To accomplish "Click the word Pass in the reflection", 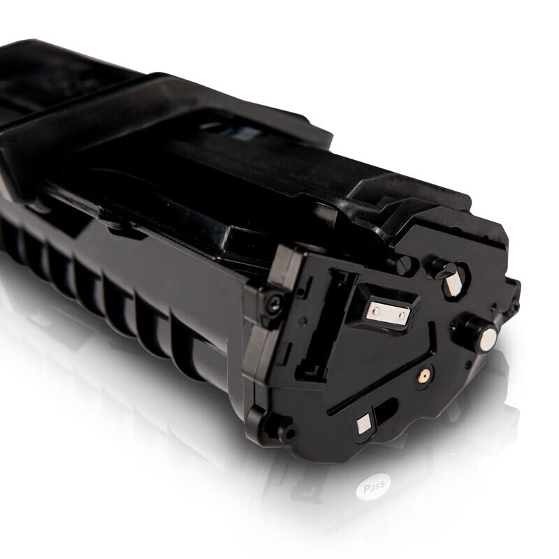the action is tap(374, 486).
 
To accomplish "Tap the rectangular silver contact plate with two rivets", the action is tap(389, 313).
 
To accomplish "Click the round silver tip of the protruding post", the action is tap(488, 340).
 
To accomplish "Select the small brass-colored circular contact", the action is tap(424, 375).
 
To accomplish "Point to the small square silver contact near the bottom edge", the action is tap(364, 424).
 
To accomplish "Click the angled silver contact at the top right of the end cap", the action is tap(453, 283).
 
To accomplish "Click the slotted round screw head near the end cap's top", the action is tap(404, 266).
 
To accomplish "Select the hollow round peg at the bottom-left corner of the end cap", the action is tap(287, 433).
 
